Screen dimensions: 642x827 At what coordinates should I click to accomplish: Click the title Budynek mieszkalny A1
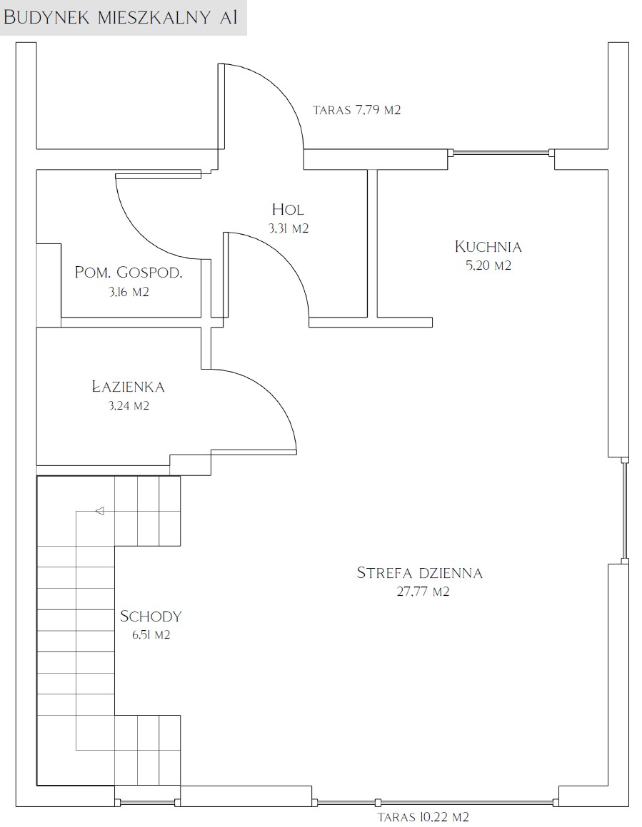[x=119, y=17]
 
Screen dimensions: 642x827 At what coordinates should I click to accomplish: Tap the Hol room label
[x=288, y=209]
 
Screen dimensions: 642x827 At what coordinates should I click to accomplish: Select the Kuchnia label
[x=488, y=246]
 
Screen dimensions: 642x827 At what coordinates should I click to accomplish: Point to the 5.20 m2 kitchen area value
[x=488, y=265]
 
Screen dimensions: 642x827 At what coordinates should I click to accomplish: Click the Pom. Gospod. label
[x=129, y=273]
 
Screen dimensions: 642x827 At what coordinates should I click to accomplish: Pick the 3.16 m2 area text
[x=129, y=292]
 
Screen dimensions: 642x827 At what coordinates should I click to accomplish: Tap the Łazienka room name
[x=129, y=386]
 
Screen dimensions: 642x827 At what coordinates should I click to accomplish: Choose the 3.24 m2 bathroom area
[x=129, y=405]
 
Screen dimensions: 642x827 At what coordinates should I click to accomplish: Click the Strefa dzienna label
[x=420, y=573]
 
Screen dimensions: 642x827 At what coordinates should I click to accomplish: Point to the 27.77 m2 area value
[x=423, y=592]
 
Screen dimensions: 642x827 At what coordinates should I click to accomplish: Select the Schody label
[x=151, y=616]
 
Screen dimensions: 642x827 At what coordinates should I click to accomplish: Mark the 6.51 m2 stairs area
[x=151, y=635]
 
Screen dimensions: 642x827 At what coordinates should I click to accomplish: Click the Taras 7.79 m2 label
[x=357, y=110]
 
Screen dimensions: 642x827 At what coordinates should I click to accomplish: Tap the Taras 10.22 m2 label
[x=423, y=817]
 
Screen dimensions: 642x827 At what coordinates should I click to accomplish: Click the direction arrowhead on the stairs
[x=99, y=511]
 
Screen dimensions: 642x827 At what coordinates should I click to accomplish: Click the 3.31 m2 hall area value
[x=288, y=228]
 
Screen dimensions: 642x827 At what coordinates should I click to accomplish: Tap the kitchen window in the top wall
[x=501, y=153]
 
